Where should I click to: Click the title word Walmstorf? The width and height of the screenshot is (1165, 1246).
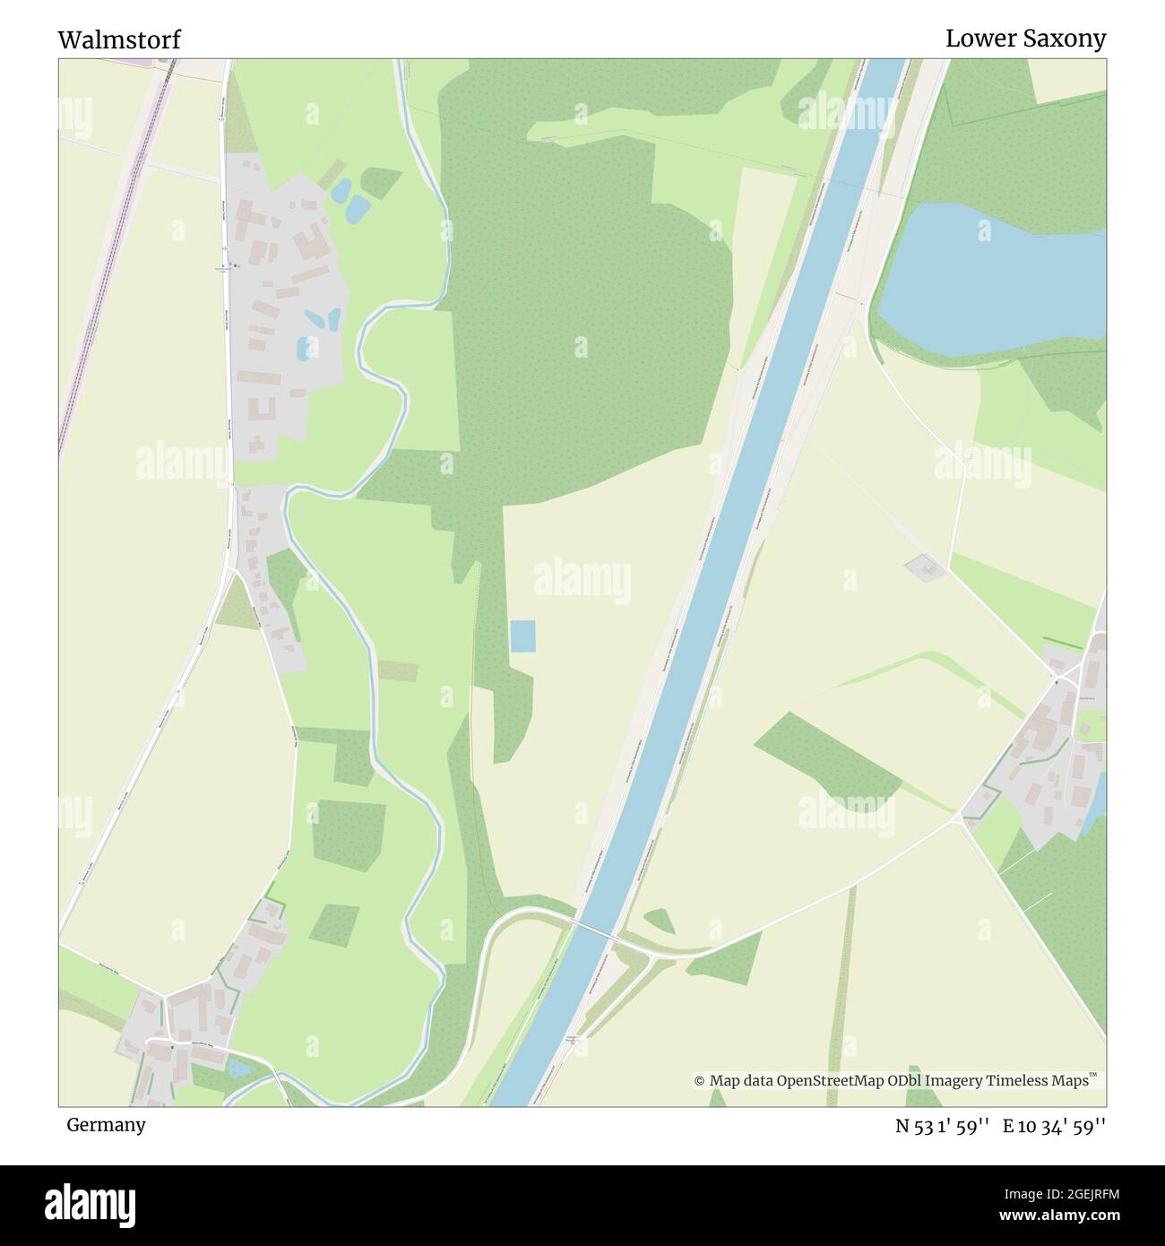[x=119, y=39]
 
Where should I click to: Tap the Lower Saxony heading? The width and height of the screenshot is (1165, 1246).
[x=1025, y=39]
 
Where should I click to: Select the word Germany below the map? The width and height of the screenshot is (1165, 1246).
[x=106, y=1124]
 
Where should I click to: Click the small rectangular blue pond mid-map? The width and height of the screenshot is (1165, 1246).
[x=522, y=636]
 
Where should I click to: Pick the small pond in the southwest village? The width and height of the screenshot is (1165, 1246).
[x=239, y=1068]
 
